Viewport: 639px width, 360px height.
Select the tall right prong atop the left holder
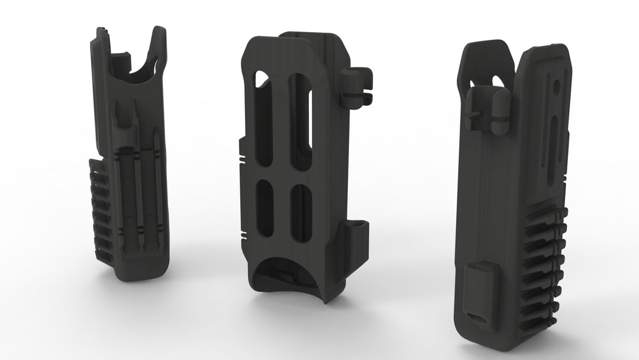click(x=157, y=53)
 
